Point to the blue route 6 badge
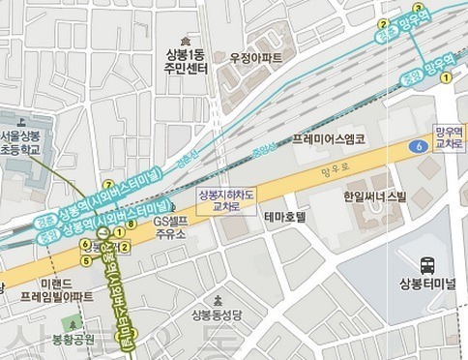417,146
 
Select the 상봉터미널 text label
425,284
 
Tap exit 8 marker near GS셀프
131,224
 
